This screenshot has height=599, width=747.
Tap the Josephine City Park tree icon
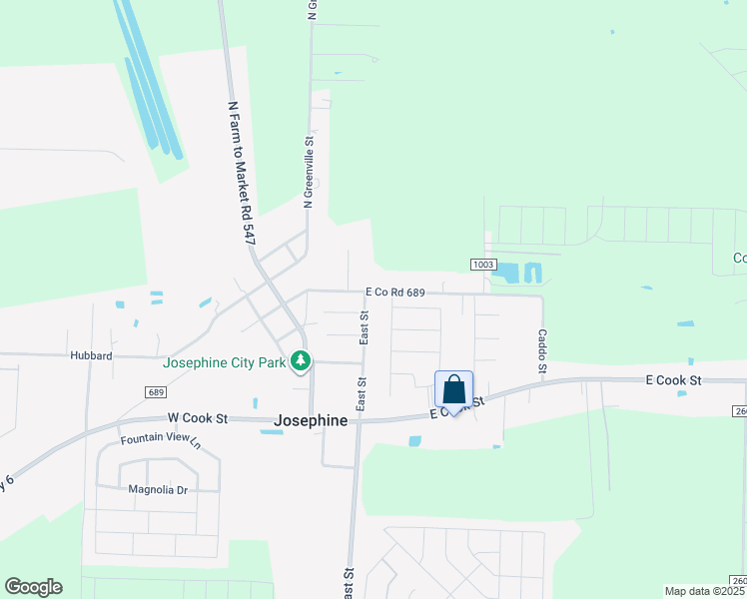299,361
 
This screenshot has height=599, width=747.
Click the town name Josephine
311,421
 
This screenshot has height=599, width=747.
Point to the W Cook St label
199,417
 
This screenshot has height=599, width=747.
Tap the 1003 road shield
483,264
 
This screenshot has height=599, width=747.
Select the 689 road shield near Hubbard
154,392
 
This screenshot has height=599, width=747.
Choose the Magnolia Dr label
158,489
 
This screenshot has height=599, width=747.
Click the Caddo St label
542,351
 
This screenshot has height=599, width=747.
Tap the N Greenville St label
310,167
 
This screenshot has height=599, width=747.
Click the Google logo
33,587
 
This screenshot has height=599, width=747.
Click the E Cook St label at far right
674,380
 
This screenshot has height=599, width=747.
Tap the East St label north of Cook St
365,327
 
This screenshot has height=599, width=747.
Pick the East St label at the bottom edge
350,582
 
